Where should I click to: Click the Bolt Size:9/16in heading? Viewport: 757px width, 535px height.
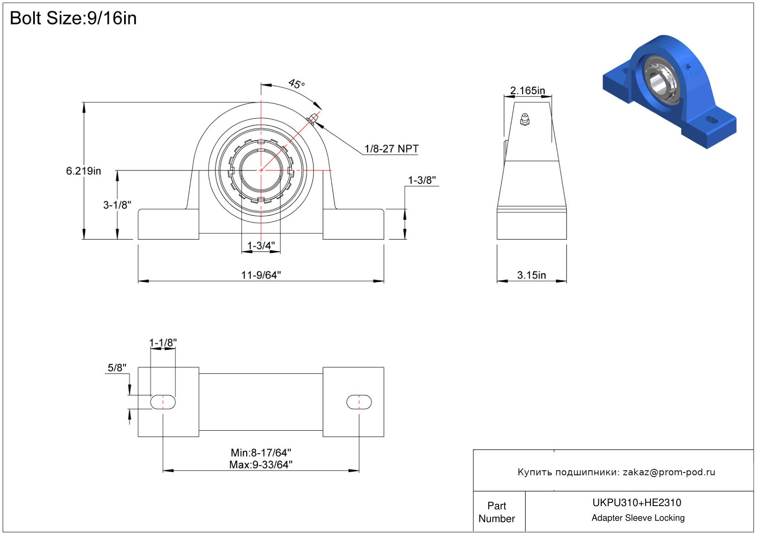[x=73, y=18]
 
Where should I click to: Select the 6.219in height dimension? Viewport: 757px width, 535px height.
[x=83, y=171]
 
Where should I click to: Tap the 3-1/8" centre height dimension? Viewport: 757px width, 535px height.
[x=117, y=205]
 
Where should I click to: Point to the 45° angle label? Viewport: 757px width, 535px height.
[x=296, y=84]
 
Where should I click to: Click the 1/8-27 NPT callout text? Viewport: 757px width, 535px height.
[x=391, y=149]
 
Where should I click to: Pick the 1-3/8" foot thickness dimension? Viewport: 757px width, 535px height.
[x=421, y=180]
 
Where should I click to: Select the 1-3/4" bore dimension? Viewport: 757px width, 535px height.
[x=261, y=246]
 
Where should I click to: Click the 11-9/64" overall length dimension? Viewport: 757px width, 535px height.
[x=261, y=275]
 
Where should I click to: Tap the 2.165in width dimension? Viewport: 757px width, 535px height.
[x=527, y=90]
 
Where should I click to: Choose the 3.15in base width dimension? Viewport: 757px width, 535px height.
[x=531, y=275]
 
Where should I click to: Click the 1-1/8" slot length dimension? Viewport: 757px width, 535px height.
[x=163, y=343]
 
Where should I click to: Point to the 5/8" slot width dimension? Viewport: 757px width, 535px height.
[x=117, y=367]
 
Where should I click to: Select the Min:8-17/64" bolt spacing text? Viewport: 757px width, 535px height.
[x=261, y=453]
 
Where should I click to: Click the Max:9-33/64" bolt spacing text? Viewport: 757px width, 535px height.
[x=261, y=465]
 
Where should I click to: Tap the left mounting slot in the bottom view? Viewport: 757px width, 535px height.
[x=163, y=402]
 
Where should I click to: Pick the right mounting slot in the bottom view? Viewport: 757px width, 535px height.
[x=359, y=402]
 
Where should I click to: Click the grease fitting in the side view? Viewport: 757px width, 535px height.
[x=524, y=119]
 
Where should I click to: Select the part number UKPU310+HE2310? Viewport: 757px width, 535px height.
[x=637, y=502]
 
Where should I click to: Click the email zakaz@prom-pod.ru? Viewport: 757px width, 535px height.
[x=669, y=472]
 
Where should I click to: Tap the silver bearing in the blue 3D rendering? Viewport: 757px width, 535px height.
[x=661, y=79]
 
